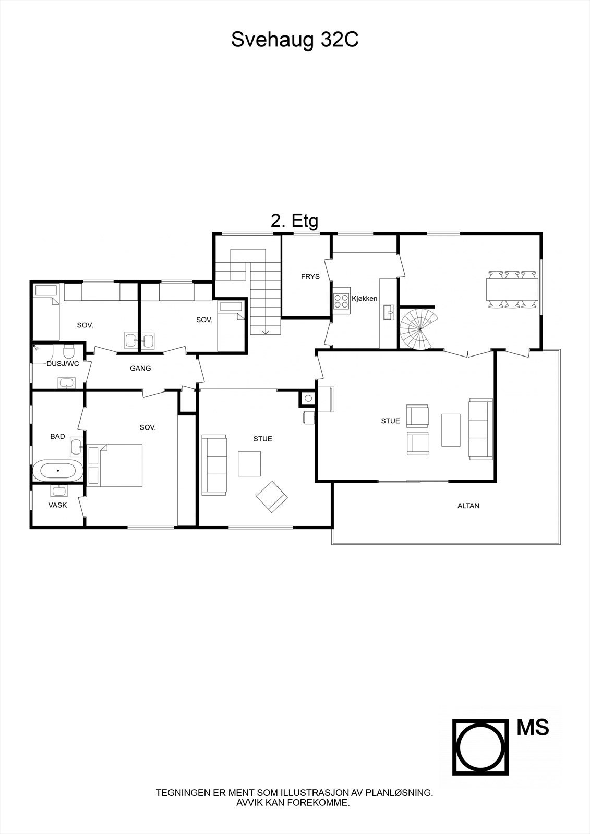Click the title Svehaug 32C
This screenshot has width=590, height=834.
coord(295,40)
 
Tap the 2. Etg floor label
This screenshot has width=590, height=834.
coord(294,221)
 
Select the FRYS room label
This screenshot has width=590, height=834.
coord(310,277)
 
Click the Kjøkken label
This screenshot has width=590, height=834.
coord(364,299)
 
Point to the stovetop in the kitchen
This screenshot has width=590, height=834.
coord(341,301)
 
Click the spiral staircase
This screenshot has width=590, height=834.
coord(418,329)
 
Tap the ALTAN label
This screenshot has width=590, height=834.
coord(468,506)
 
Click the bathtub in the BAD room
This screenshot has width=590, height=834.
coord(57,471)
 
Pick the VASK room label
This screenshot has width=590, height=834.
coord(57,505)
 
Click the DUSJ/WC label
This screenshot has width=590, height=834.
coord(63,364)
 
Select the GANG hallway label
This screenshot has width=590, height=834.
coord(140,369)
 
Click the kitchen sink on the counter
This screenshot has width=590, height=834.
coord(388,312)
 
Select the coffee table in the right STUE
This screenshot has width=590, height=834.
coord(451,430)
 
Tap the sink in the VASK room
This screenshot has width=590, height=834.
coord(58,490)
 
